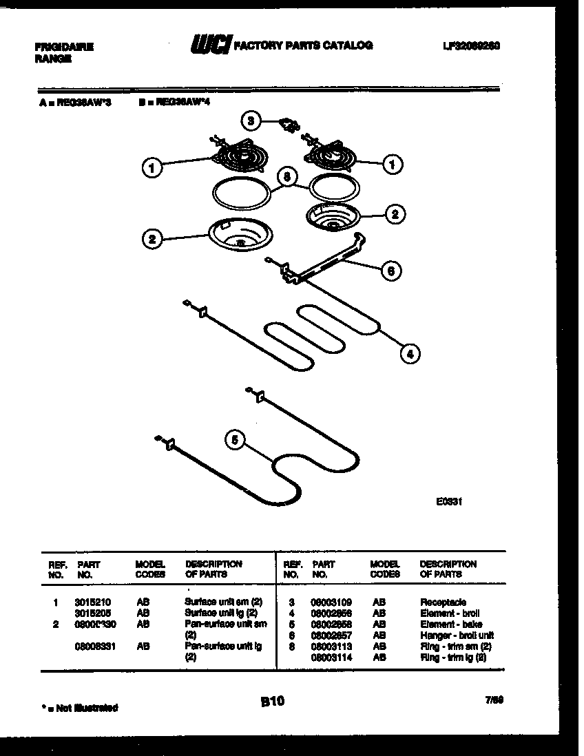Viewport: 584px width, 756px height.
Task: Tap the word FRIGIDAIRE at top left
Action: (64, 48)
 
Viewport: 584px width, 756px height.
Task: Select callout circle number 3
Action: (252, 121)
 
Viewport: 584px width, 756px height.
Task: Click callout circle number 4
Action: (409, 354)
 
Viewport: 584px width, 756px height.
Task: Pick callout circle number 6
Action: (391, 271)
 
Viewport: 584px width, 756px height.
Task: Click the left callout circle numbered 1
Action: (152, 166)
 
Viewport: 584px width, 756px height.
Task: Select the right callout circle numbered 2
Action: (394, 215)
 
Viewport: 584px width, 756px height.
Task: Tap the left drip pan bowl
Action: (236, 236)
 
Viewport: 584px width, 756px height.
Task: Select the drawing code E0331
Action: (448, 502)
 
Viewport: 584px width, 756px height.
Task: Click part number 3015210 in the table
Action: (92, 602)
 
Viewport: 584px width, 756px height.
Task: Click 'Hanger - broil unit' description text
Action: (457, 636)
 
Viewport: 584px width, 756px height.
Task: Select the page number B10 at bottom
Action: (272, 702)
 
